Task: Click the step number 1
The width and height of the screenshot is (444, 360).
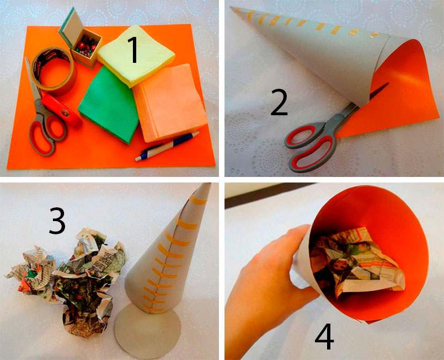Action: (133, 50)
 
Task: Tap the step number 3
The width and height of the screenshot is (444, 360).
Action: (57, 221)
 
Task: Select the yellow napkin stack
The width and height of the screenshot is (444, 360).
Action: (136, 56)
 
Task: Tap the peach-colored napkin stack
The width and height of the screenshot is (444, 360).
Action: (170, 103)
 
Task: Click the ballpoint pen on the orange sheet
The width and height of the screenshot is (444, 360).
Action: (167, 146)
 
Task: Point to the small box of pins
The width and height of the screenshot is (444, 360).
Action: (87, 47)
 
